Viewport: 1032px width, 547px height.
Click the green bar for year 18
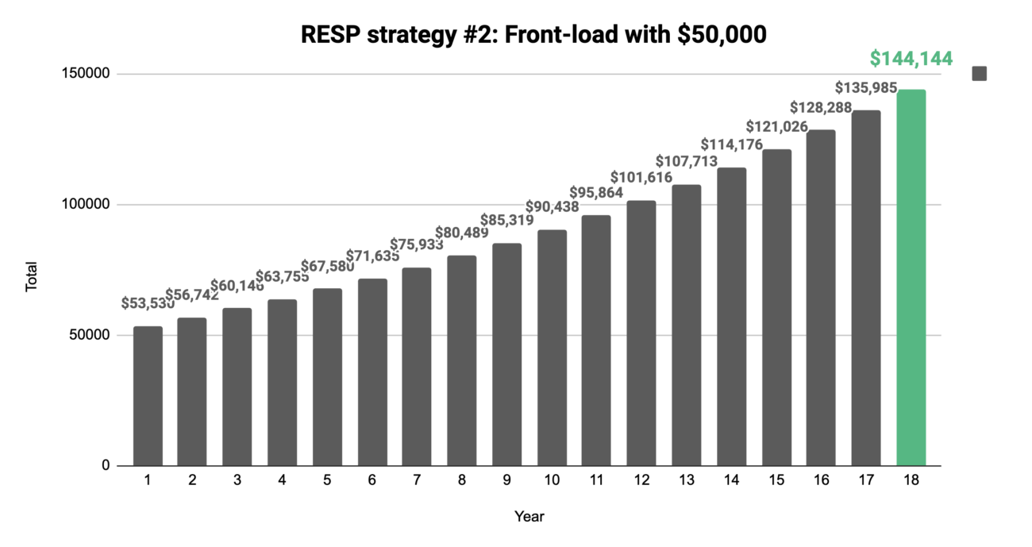coord(911,278)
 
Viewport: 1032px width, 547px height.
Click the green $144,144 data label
coord(911,58)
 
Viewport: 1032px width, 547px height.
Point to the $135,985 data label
coord(866,88)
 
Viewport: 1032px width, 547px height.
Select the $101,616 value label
coord(641,177)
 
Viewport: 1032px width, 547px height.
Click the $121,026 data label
coord(776,126)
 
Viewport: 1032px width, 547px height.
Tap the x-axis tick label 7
coord(417,480)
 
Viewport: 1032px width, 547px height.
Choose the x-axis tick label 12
coord(641,480)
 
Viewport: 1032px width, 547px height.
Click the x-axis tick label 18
coord(911,480)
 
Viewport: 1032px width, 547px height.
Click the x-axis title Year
coord(529,517)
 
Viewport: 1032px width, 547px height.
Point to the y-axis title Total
coord(32,279)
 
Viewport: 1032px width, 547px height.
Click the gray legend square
coord(980,74)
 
